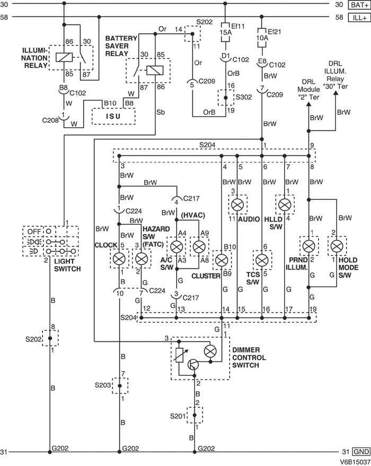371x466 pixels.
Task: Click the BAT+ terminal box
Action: [x=358, y=4]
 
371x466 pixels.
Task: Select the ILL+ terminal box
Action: [x=358, y=17]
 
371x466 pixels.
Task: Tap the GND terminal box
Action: [x=360, y=452]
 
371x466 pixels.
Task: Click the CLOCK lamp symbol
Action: [x=120, y=259]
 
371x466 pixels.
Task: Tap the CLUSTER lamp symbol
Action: [x=222, y=260]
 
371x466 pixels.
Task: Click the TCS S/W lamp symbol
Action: [x=261, y=260]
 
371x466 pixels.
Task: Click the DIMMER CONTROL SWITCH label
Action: [x=249, y=358]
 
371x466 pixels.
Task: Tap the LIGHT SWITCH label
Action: [x=67, y=266]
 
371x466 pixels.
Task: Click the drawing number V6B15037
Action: [x=355, y=462]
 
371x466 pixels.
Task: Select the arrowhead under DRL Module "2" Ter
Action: [x=309, y=104]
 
